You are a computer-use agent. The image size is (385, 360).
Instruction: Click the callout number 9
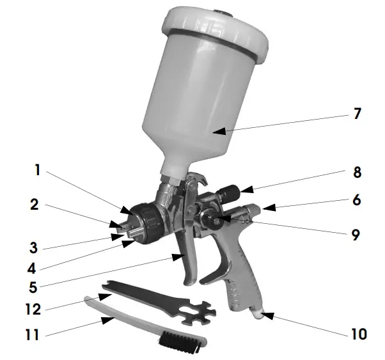(x=356, y=234)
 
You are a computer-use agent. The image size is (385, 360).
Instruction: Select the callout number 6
(x=356, y=200)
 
